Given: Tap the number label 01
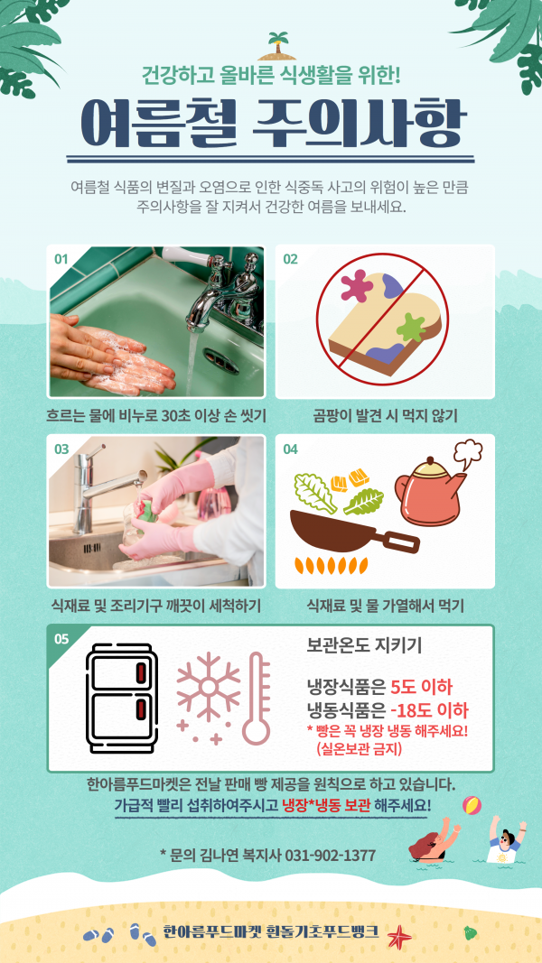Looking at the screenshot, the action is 61,258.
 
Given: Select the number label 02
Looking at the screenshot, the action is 290,258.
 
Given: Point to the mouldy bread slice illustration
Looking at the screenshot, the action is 384,322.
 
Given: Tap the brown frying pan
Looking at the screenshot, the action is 353,532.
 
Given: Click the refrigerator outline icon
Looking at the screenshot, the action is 122,699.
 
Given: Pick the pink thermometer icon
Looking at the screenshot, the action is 257,699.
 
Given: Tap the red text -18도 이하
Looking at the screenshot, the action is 429,710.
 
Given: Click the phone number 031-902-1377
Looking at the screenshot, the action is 331,855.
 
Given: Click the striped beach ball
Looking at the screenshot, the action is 472,805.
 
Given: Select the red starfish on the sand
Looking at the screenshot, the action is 397,935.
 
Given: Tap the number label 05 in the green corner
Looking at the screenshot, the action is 61,639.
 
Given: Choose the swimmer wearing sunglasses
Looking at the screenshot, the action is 506,840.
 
